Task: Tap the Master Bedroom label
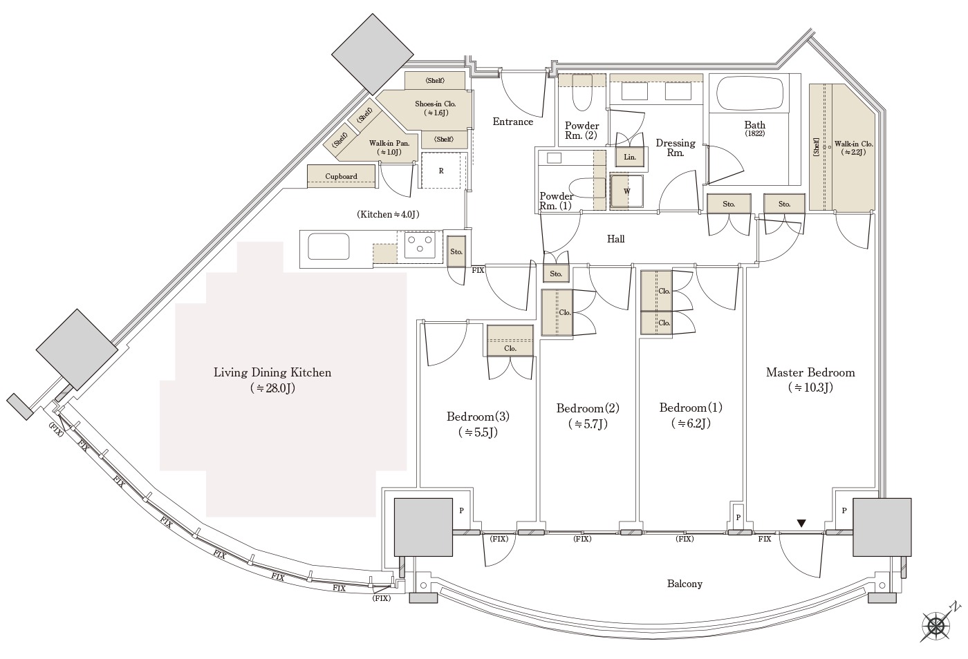tap(810, 372)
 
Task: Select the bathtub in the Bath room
tap(750, 93)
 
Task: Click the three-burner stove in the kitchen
tap(420, 245)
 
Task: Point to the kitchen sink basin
tap(328, 247)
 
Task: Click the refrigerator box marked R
tap(441, 170)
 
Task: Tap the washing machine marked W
tap(626, 191)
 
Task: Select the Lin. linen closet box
tap(630, 157)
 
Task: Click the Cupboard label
tap(341, 176)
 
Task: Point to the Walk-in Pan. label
tap(389, 143)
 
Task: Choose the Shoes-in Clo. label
tap(435, 104)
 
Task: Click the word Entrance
tap(512, 122)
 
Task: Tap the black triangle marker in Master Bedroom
tap(801, 524)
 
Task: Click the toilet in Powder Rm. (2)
tap(581, 93)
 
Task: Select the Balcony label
tap(685, 584)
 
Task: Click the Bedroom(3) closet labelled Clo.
tap(510, 341)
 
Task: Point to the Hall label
tap(615, 239)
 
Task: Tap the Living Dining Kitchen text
tap(272, 372)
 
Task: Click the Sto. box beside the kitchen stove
tap(456, 251)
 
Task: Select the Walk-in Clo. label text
tap(853, 144)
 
